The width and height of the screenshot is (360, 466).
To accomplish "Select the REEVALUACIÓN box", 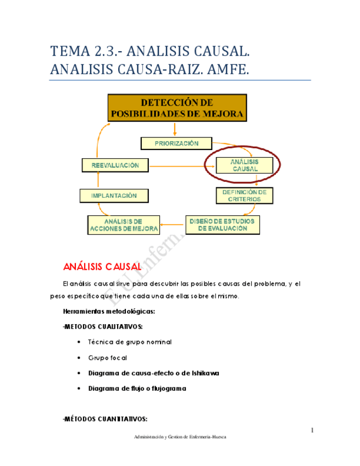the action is pos(115,165).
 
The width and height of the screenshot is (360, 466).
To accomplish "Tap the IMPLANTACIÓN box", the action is pos(115,195).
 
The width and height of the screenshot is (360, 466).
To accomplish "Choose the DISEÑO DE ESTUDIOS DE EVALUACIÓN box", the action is pos(222,225).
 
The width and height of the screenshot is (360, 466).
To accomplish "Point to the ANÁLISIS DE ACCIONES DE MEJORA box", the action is pos(123,225).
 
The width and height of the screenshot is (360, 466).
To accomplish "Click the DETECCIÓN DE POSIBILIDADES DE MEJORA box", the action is pos(176,108).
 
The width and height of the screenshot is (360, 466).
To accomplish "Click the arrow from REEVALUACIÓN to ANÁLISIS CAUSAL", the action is pos(179,165).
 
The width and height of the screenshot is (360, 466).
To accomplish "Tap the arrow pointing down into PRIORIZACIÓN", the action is pos(175,130).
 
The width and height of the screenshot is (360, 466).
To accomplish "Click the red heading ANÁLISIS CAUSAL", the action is pos(103,267).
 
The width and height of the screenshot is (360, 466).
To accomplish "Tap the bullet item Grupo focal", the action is pos(108,357).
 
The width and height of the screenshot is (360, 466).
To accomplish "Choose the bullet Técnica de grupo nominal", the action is pos(130,342).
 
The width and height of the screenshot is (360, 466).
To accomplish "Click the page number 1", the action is pos(312,430).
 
